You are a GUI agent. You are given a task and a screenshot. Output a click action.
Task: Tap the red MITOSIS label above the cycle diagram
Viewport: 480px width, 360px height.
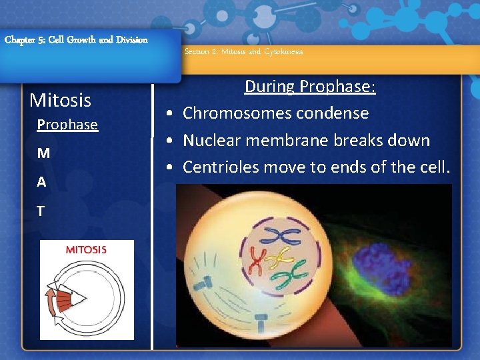[86, 250]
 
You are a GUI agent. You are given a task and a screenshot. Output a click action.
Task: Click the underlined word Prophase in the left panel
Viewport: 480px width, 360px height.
[67, 125]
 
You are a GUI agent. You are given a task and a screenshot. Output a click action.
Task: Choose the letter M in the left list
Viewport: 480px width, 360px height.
[43, 153]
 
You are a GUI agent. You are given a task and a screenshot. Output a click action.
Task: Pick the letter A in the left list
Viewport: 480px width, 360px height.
[41, 182]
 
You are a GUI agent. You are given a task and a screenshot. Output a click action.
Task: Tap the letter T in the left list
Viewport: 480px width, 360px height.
[41, 211]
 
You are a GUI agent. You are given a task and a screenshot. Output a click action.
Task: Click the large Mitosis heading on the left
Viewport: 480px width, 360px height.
[61, 101]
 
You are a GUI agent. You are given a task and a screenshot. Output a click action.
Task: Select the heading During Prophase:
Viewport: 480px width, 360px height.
[310, 87]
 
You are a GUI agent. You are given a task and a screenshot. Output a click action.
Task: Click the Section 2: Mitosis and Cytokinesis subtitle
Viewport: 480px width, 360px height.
[243, 52]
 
